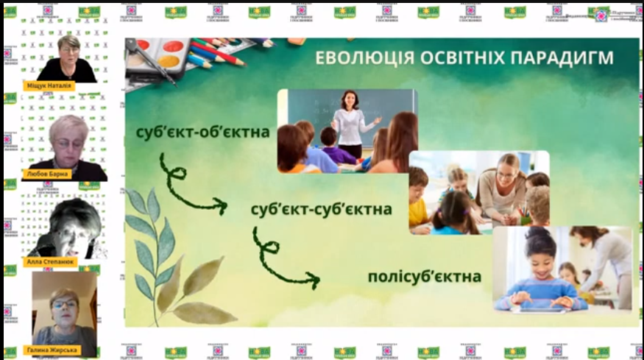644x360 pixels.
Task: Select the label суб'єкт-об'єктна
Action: click(202, 133)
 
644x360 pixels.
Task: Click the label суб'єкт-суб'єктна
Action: click(321, 209)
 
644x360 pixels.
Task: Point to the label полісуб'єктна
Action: click(425, 277)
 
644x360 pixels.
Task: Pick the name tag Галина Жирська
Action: click(50, 350)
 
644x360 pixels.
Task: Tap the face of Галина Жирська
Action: click(63, 303)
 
